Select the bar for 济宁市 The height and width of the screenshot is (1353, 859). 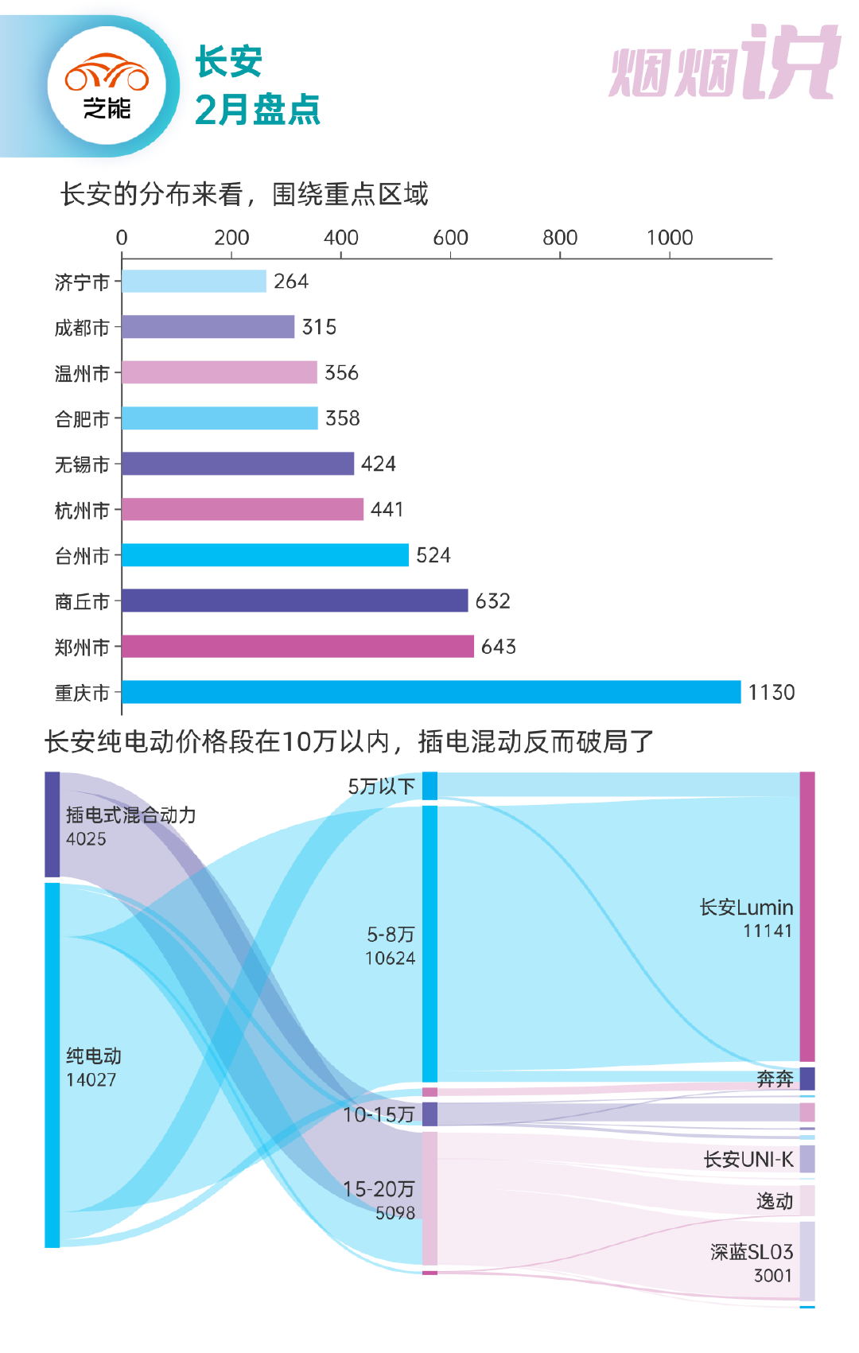coord(194,282)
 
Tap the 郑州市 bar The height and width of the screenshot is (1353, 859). coord(297,647)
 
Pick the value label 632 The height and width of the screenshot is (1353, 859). coord(492,601)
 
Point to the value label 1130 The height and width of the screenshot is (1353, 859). coord(771,693)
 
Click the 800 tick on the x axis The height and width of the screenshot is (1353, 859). coord(560,238)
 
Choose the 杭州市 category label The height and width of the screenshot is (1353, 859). coord(82,511)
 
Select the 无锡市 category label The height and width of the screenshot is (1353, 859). coord(82,465)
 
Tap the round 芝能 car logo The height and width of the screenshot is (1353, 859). coord(107,86)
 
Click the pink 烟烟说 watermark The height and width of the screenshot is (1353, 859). coord(725,64)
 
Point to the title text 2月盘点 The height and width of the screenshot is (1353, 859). coord(257,110)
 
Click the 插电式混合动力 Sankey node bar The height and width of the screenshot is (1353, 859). coord(52,824)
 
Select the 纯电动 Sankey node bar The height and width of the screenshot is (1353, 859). coord(52,1065)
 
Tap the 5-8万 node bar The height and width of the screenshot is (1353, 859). coord(429,943)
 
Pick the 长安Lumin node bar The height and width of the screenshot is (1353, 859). coord(807,916)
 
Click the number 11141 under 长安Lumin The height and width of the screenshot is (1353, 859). coord(768,931)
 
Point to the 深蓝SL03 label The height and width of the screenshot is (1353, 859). coord(752,1253)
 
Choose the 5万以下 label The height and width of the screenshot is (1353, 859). coord(382,787)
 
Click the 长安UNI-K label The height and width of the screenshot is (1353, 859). coord(748,1160)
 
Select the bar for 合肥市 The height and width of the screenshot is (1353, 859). coord(220,418)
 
